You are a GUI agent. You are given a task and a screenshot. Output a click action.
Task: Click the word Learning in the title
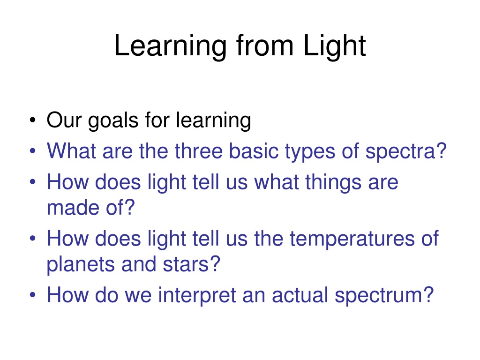[x=170, y=46]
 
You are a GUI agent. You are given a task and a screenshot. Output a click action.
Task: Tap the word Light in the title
[x=335, y=46]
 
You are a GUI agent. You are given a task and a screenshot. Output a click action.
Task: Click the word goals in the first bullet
[x=113, y=121]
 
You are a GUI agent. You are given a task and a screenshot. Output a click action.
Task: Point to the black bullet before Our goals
[x=33, y=120]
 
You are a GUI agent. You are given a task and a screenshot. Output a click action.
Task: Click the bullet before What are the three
[x=33, y=151]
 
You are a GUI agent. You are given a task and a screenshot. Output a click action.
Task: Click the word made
[x=73, y=208]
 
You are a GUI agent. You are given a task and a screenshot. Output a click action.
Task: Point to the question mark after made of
[x=129, y=207]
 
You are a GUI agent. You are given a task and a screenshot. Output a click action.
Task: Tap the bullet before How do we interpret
[x=33, y=295]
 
